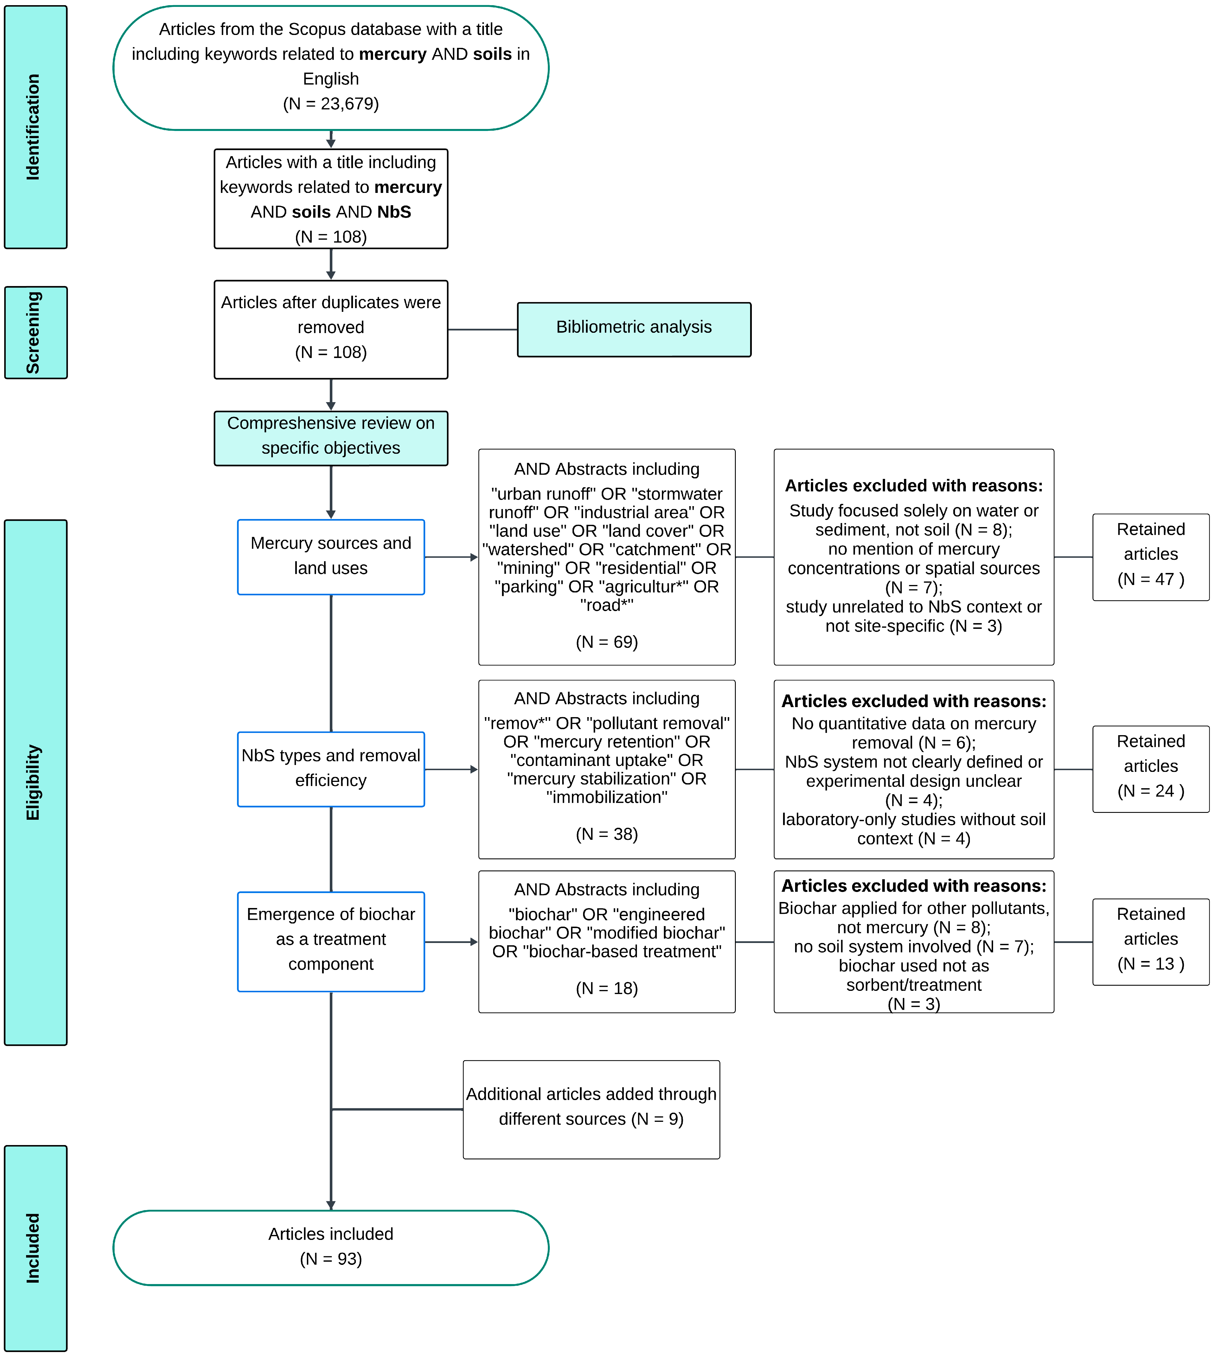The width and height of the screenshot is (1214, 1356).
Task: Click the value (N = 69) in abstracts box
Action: pyautogui.click(x=606, y=642)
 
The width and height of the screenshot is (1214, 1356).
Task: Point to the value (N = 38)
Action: pyautogui.click(x=606, y=834)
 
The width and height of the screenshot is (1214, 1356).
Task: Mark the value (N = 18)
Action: pyautogui.click(x=606, y=988)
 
